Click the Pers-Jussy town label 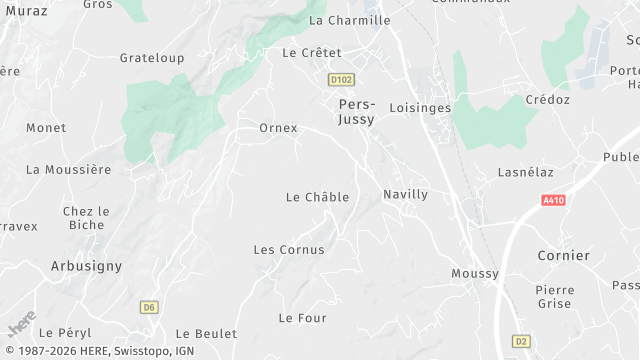[x=357, y=112]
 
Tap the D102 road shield [x=341, y=78]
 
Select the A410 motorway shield [x=553, y=200]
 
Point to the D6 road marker [x=150, y=306]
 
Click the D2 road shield [x=520, y=340]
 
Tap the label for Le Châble [x=317, y=197]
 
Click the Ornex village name [x=278, y=128]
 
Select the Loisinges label [x=420, y=107]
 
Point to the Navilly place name [x=405, y=194]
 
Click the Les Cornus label [x=289, y=249]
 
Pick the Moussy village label [x=475, y=273]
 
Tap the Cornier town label [x=563, y=256]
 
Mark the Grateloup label [x=152, y=58]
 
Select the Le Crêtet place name [x=312, y=52]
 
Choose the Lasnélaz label [x=526, y=172]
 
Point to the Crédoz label [x=548, y=100]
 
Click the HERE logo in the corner [x=21, y=327]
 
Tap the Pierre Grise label [x=554, y=297]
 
